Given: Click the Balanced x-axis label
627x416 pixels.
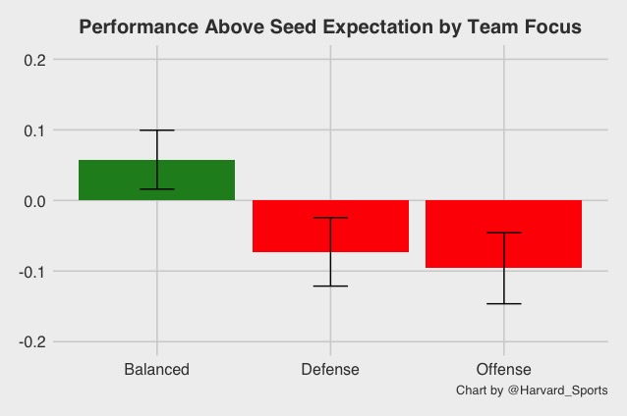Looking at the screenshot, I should pos(156,370).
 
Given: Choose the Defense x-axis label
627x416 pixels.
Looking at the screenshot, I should pos(330,370).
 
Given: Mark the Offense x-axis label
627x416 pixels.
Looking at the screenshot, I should pos(503,370).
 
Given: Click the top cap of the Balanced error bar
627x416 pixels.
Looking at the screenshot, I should pos(156,130).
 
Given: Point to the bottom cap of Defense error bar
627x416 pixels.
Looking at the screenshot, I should pos(330,286).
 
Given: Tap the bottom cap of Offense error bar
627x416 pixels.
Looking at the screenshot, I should pos(503,303).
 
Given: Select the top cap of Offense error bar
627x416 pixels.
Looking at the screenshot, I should pos(503,233).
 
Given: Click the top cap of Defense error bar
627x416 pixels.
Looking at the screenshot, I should pos(330,218).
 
